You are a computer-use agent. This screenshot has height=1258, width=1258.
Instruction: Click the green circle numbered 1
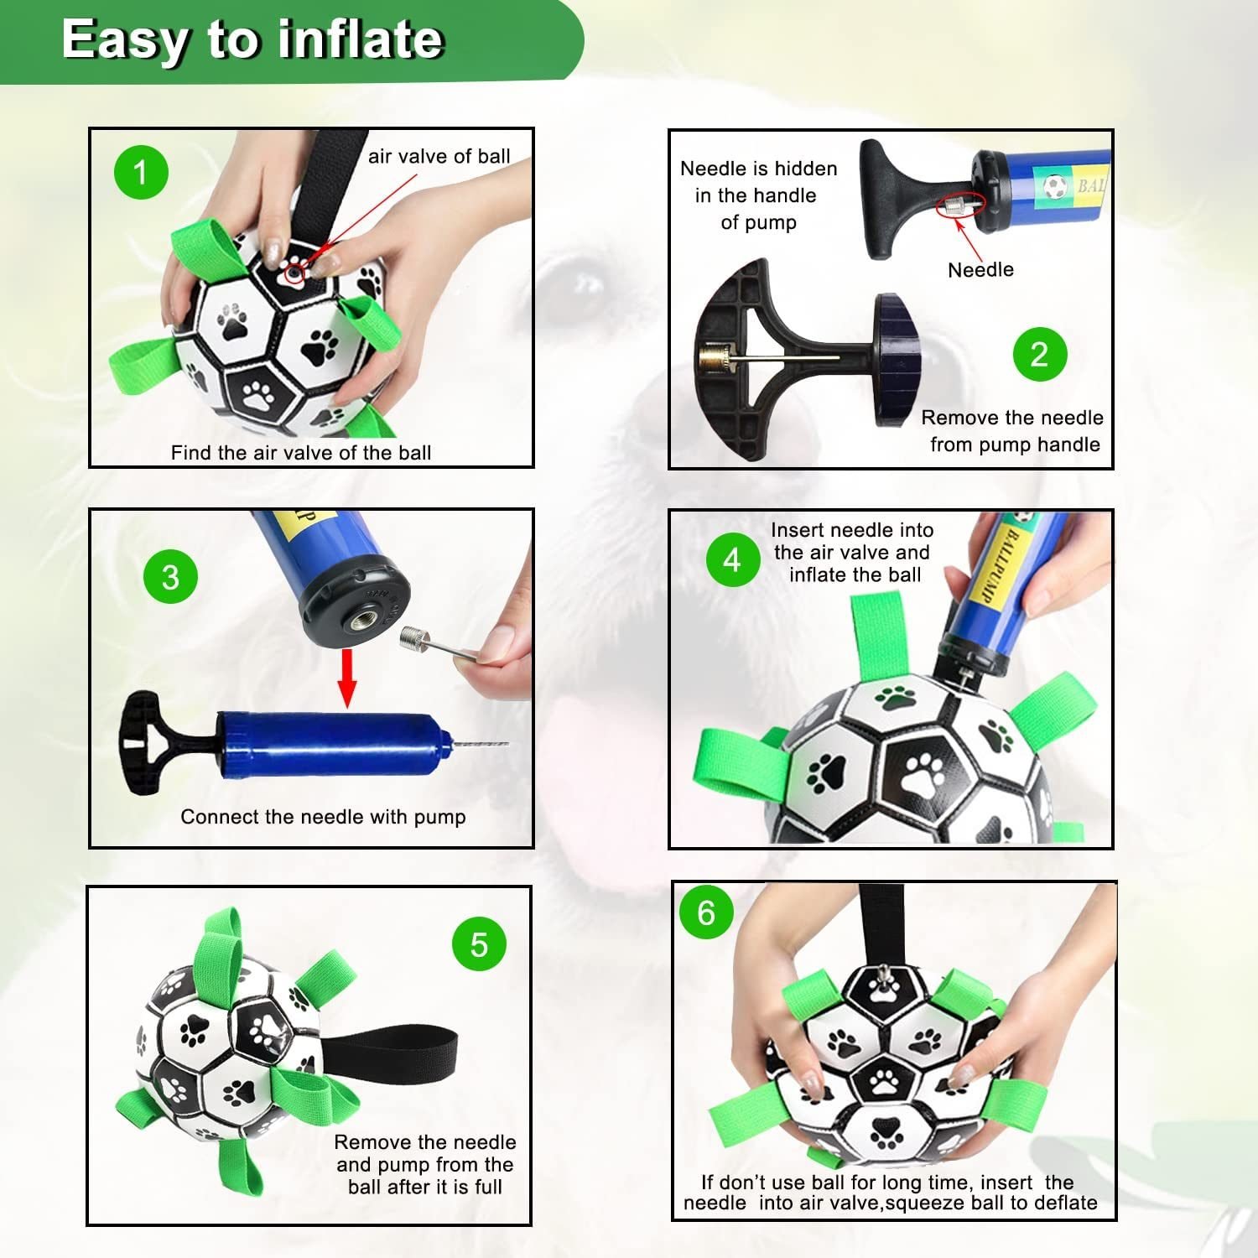[141, 173]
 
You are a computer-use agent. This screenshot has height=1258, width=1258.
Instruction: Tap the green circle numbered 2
[1039, 354]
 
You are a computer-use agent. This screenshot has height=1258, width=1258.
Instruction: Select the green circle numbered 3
[170, 576]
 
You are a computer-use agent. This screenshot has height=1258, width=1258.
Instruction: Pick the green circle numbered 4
[732, 559]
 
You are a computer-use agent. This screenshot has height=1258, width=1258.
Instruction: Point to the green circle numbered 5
[479, 943]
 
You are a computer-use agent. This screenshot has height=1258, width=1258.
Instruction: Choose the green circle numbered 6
[706, 912]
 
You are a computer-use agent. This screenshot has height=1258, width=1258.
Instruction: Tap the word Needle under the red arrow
[980, 269]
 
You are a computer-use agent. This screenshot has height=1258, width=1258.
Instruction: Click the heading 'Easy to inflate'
[252, 39]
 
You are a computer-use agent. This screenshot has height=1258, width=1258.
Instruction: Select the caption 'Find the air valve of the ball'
[301, 453]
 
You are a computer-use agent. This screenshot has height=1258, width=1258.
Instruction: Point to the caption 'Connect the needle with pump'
[323, 817]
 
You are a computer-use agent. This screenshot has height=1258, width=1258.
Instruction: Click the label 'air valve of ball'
[439, 157]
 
